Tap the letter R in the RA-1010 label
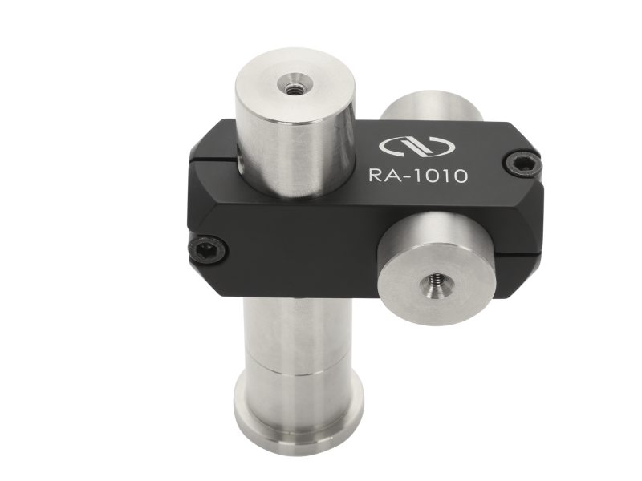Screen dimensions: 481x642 tap(374, 175)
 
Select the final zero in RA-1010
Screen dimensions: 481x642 tap(458, 176)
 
